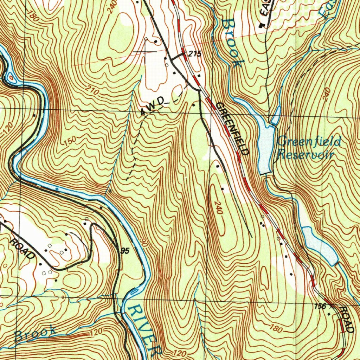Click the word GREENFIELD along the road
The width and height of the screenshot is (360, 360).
pos(233,129)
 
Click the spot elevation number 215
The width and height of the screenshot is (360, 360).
pos(194,54)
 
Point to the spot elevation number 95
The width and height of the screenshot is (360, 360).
pos(124,251)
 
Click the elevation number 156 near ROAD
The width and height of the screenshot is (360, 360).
pos(320,306)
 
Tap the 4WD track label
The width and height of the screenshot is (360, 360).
pos(152,106)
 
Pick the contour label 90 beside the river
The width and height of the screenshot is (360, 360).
pos(143,242)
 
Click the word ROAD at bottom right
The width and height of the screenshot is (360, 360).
pos(346,319)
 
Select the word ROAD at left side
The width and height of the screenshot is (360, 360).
pos(22,248)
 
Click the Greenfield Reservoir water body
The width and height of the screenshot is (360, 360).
pos(266,148)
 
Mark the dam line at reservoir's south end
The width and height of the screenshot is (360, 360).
pos(265,174)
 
